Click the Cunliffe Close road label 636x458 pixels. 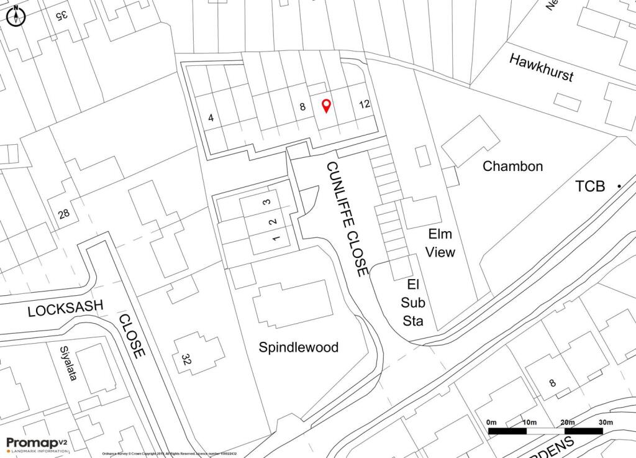347,218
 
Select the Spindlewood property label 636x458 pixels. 299,347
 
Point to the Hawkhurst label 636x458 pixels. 541,68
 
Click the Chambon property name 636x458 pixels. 513,166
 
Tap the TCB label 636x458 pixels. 590,186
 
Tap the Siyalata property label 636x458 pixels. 68,364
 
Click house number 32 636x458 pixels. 186,359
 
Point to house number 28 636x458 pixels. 63,214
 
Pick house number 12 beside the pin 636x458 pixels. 365,104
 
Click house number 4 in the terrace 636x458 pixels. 211,117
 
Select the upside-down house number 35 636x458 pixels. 60,16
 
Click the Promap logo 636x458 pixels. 36,444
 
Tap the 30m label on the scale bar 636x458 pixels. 605,423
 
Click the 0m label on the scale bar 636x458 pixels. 493,423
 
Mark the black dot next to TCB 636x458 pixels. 619,186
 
